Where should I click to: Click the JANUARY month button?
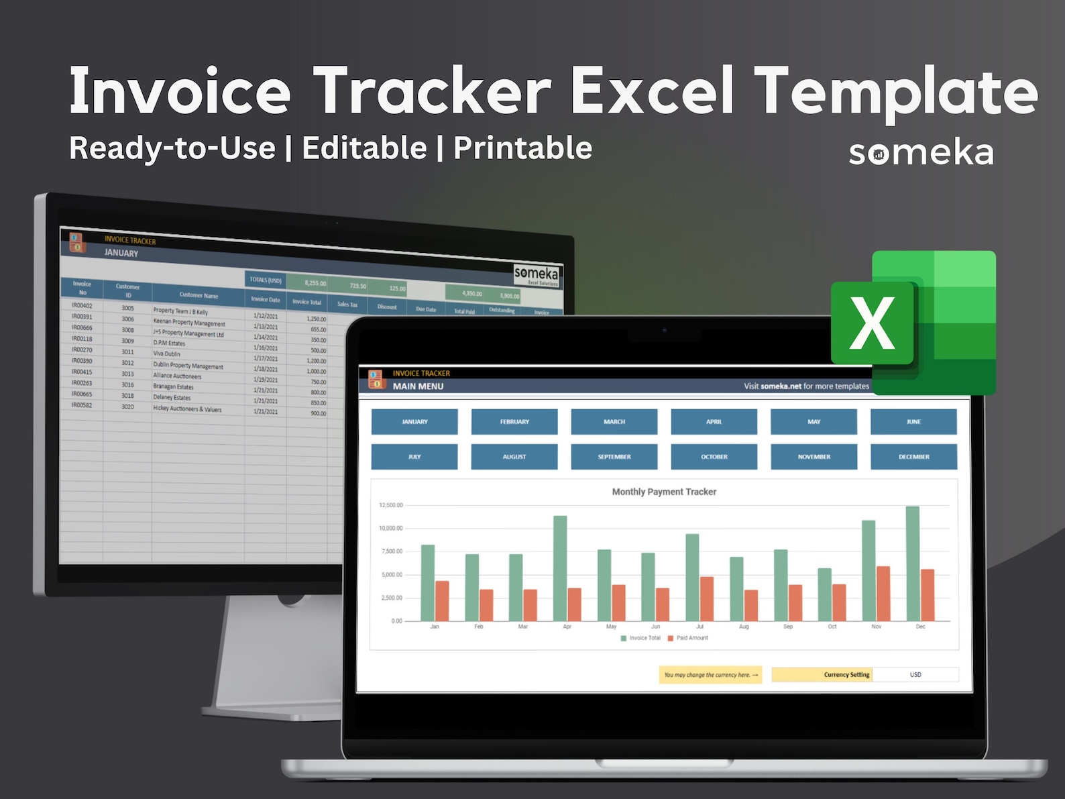click(x=414, y=422)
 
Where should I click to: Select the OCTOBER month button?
click(x=714, y=457)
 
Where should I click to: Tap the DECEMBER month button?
click(x=913, y=457)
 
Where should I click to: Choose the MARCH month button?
click(x=614, y=422)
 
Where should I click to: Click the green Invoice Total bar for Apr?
click(x=560, y=568)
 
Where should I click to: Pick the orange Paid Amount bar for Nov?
click(x=883, y=594)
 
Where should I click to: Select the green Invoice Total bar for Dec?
click(x=913, y=564)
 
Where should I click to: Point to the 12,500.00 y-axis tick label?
click(x=391, y=505)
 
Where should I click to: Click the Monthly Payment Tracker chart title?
click(x=664, y=492)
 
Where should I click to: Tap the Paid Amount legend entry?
click(x=691, y=638)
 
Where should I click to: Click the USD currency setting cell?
click(x=915, y=675)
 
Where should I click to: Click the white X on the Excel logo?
click(x=872, y=324)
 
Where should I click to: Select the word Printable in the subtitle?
click(x=522, y=148)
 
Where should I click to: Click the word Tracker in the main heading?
click(x=432, y=91)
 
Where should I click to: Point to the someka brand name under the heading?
click(x=921, y=153)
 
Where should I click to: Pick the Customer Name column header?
click(x=199, y=295)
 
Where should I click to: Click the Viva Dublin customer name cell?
click(x=167, y=354)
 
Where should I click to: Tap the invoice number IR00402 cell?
click(x=82, y=305)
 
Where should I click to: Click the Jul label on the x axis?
click(x=699, y=627)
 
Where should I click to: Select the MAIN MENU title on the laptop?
click(x=418, y=386)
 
